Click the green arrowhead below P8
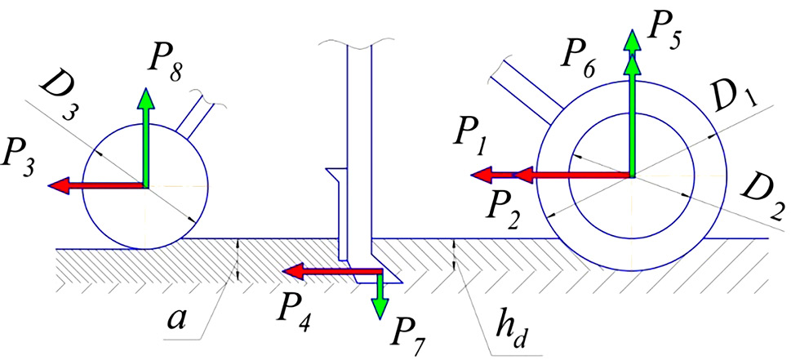point(146,97)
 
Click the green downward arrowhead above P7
point(380,311)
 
